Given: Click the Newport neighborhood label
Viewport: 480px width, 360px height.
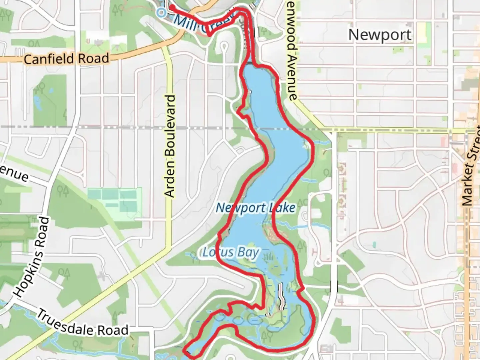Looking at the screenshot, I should point(380,35).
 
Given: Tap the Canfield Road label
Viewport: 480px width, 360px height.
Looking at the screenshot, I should point(67,59).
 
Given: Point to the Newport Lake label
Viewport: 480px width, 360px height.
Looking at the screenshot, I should point(256,208).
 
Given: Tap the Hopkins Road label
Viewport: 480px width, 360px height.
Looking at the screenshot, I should point(32,257).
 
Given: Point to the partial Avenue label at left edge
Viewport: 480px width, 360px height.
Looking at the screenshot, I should point(13,173).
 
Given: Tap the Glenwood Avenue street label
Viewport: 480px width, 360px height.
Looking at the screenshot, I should point(291,50).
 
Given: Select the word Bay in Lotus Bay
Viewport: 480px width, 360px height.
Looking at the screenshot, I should point(248,253).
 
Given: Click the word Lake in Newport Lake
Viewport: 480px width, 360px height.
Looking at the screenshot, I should point(282,208).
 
